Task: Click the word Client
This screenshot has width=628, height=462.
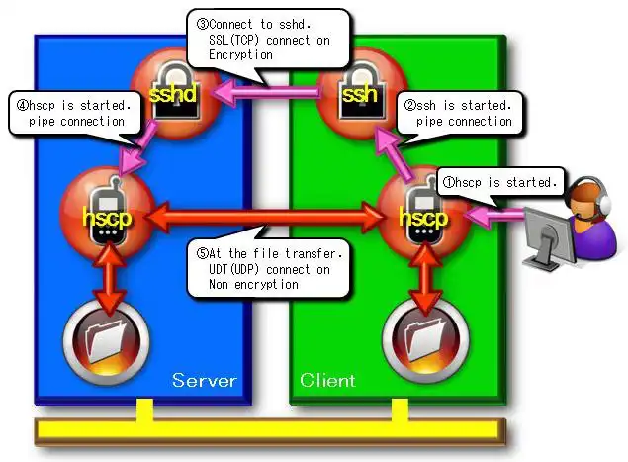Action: pyautogui.click(x=327, y=380)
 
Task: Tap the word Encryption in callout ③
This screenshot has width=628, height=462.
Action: pyautogui.click(x=239, y=56)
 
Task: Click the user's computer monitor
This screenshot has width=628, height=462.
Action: pyautogui.click(x=548, y=233)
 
